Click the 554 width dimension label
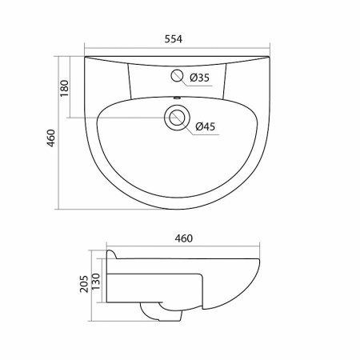(174, 39)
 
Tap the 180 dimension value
(64, 88)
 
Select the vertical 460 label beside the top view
(50, 138)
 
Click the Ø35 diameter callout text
(200, 78)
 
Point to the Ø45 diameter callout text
(205, 126)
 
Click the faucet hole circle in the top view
(177, 75)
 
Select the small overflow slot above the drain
(177, 98)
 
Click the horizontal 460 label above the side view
(184, 238)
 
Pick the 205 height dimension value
(84, 284)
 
